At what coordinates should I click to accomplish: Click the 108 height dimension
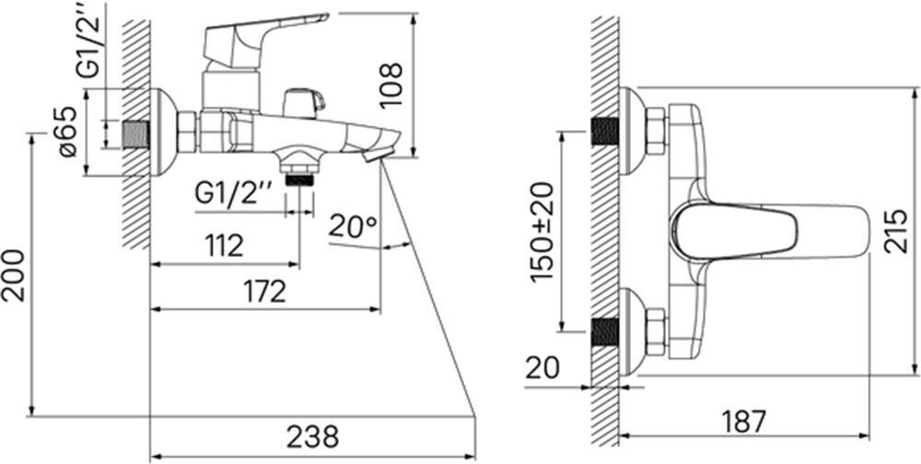391,84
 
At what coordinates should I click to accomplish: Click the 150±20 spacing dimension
543,232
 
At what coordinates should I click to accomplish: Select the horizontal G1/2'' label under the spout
234,194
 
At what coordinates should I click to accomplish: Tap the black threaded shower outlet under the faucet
299,177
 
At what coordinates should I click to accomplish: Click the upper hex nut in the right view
656,131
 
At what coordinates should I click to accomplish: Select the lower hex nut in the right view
656,331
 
